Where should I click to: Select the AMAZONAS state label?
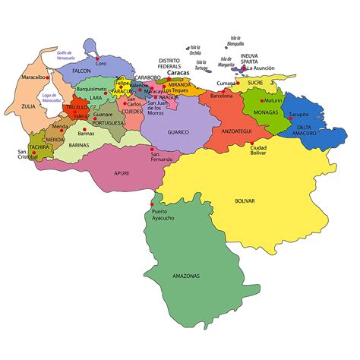(x=186, y=276)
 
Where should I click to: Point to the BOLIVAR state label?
(x=245, y=201)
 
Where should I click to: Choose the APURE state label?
(x=122, y=173)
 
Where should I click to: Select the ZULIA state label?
(x=28, y=106)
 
